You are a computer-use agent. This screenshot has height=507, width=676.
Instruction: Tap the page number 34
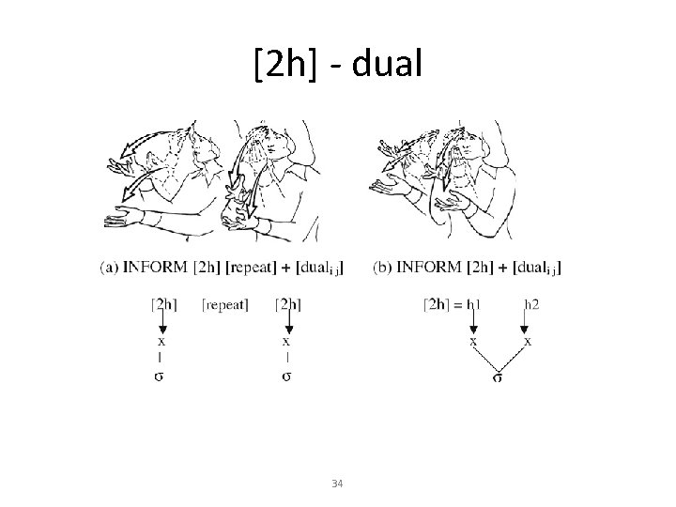click(338, 484)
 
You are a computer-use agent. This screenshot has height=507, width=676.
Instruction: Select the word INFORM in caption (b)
click(430, 268)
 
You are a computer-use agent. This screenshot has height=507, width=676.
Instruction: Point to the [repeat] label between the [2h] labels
click(225, 304)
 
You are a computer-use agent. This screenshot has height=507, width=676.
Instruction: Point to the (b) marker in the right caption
click(383, 268)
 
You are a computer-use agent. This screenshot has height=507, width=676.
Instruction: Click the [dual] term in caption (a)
click(316, 269)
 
